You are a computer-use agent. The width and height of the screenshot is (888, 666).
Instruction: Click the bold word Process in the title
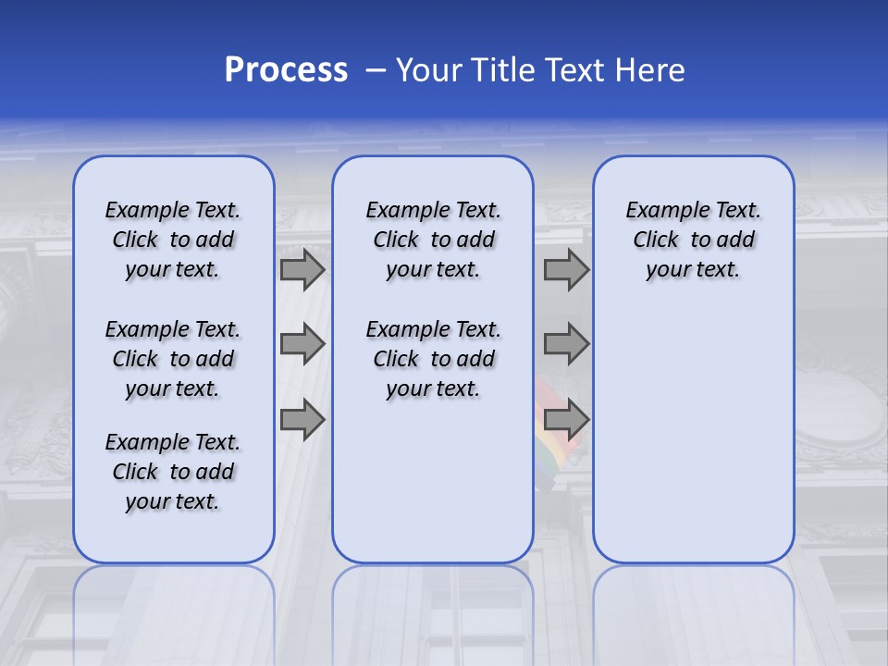(286, 70)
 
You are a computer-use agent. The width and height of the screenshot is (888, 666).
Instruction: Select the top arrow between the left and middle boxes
(302, 270)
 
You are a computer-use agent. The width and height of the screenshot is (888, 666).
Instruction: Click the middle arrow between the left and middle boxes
(302, 345)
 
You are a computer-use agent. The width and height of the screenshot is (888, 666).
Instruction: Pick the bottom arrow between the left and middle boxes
(302, 420)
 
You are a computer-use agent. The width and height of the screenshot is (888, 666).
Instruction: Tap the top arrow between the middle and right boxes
(566, 270)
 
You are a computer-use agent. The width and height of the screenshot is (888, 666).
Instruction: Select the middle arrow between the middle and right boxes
(566, 345)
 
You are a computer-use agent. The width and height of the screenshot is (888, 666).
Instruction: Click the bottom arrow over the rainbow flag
(566, 420)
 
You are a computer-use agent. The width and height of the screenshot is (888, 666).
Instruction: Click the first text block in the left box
(173, 240)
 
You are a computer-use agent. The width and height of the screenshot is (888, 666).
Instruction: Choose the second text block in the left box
(173, 359)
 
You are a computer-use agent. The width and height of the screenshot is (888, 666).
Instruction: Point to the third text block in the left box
(173, 472)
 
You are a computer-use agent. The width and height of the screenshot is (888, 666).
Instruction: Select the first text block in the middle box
(433, 240)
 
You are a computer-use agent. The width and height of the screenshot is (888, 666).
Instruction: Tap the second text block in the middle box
(433, 359)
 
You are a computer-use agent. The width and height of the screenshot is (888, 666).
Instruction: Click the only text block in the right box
(693, 240)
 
